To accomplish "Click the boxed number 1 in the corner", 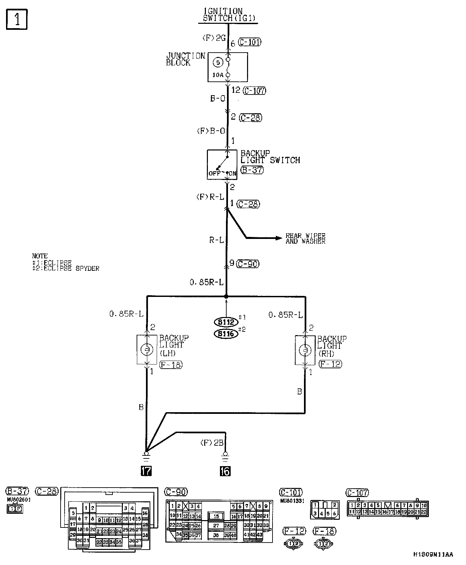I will tap(16, 19).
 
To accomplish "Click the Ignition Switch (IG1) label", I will tap(228, 15).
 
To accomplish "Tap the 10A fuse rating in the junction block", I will tap(218, 75).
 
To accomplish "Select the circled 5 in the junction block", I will tap(218, 62).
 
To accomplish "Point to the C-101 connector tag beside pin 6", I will tap(250, 42).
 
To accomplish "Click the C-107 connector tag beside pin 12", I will tap(255, 90).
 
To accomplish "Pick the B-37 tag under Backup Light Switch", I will tap(252, 170).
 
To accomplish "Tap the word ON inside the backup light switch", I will tap(232, 174).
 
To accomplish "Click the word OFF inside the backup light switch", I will tap(214, 174).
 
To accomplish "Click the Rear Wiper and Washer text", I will tap(305, 238).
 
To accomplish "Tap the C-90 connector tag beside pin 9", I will tap(248, 264).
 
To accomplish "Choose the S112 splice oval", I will tap(226, 322).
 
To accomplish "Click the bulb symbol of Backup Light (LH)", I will tap(147, 350).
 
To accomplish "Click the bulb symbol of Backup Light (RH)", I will tap(305, 350).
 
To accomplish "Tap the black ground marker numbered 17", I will tap(146, 471).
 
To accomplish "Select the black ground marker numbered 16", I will tap(225, 471).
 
